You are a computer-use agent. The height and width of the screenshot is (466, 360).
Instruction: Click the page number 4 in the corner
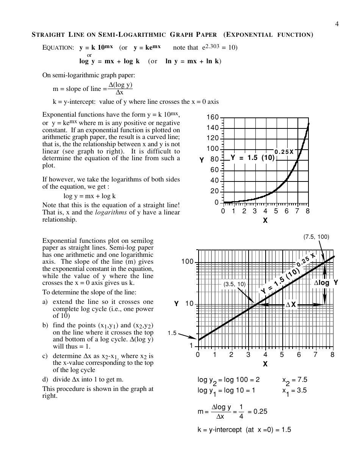pyautogui.click(x=337, y=25)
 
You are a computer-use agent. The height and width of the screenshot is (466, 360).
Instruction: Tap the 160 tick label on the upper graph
pyautogui.click(x=213, y=117)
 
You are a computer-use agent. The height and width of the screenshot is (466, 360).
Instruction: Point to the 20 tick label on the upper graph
pyautogui.click(x=214, y=191)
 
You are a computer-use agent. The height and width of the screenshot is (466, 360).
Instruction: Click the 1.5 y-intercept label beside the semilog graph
pyautogui.click(x=172, y=333)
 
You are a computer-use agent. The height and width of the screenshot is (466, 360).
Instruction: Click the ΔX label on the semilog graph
pyautogui.click(x=291, y=305)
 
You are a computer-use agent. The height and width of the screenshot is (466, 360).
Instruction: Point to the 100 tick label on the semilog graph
pyautogui.click(x=187, y=262)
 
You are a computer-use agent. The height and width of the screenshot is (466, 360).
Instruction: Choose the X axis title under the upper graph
pyautogui.click(x=265, y=220)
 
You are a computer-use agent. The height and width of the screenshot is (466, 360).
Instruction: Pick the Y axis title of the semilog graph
pyautogui.click(x=176, y=304)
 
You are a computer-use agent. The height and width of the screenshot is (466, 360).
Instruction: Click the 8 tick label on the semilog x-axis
pyautogui.click(x=332, y=355)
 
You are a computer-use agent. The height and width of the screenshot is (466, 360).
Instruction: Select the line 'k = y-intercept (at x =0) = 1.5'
pyautogui.click(x=244, y=430)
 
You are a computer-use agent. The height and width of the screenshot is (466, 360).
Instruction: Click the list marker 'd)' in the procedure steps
pyautogui.click(x=45, y=379)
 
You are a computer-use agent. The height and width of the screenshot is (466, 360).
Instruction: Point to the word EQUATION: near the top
pyautogui.click(x=58, y=48)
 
